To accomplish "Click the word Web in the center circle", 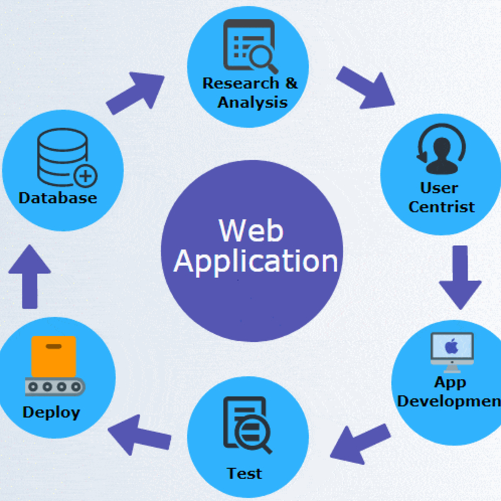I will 250,230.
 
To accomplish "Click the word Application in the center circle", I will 256,261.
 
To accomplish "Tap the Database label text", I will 58,198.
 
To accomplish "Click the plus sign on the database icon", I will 85,176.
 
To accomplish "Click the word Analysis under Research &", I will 252,101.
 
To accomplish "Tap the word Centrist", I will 442,207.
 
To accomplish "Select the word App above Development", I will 450,382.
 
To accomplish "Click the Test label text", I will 245,473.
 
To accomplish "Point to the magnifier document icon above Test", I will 247,426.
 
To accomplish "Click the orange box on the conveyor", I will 54,356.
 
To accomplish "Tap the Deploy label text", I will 51,412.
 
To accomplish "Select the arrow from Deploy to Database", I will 29,276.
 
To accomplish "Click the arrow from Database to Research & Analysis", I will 135,93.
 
